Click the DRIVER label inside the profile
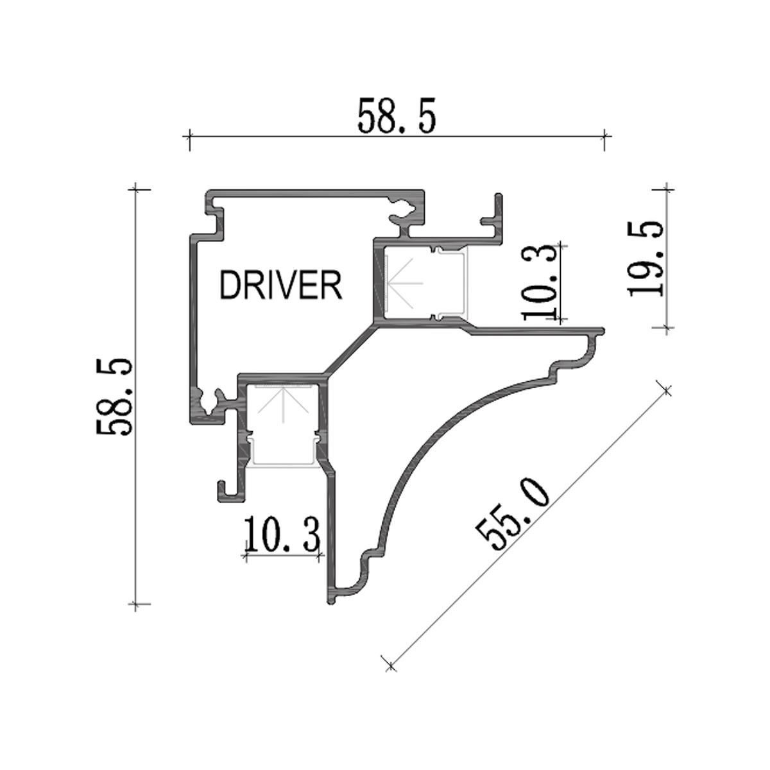click(280, 286)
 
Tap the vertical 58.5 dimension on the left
click(115, 397)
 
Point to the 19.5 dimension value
click(645, 258)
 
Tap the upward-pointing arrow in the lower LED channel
click(282, 404)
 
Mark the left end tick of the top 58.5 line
click(189, 136)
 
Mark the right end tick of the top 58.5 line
click(604, 136)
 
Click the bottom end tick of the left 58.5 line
click(135, 604)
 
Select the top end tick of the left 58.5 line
click(135, 189)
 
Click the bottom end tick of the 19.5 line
click(667, 328)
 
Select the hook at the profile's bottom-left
click(225, 491)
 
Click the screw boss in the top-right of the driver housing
click(404, 209)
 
